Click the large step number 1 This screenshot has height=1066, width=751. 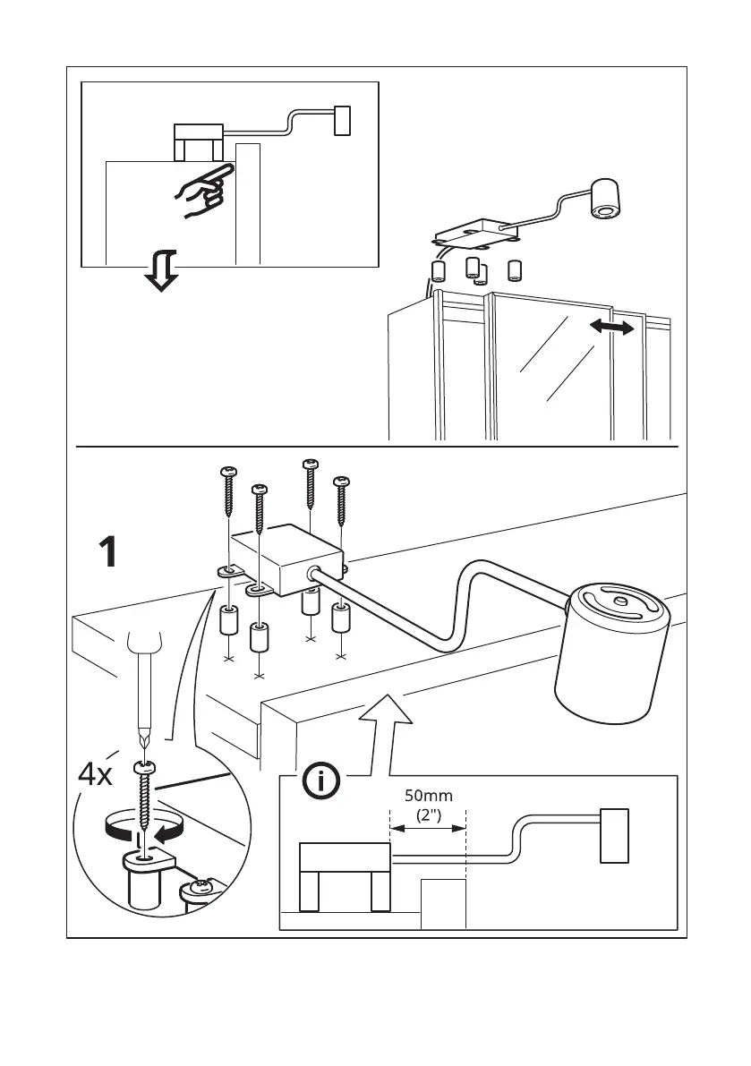pos(107,552)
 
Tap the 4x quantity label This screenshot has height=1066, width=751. pos(95,775)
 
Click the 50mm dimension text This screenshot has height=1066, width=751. pos(428,795)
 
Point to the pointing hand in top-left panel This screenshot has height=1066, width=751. pos(202,190)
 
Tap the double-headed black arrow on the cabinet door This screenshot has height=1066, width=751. pos(612,329)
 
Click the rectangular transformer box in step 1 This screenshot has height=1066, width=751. pos(286,559)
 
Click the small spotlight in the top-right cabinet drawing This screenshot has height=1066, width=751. pos(605,199)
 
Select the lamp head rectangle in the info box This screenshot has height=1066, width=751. pos(614,835)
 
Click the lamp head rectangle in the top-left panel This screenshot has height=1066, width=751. pos(341,121)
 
